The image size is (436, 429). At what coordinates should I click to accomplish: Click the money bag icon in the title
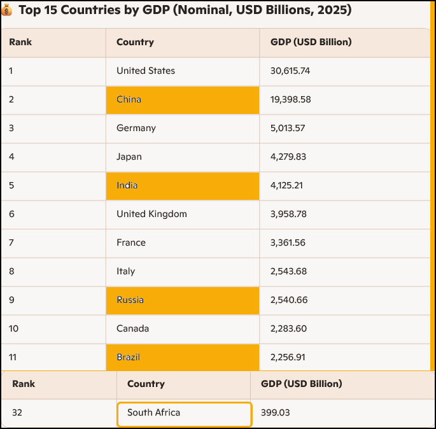coord(8,11)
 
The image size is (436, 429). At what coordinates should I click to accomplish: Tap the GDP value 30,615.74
coord(290,71)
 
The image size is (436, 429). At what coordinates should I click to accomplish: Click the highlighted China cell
coord(183,100)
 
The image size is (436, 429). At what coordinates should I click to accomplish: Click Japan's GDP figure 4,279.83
coord(288,157)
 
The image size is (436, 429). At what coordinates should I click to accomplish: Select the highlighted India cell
coord(183,186)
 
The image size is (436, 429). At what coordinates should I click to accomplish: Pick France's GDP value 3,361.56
coord(288,243)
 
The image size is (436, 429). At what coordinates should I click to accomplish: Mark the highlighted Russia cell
coord(183,300)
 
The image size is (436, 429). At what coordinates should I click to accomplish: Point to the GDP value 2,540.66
coord(288,300)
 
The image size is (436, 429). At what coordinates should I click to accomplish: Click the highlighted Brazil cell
coord(183,358)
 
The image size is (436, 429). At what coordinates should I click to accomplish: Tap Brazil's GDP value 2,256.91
coord(288,357)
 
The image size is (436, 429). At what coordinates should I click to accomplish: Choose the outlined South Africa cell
coord(185,414)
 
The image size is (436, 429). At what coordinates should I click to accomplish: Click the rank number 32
coord(17,412)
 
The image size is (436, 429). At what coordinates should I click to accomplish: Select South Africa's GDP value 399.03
coord(276,412)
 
